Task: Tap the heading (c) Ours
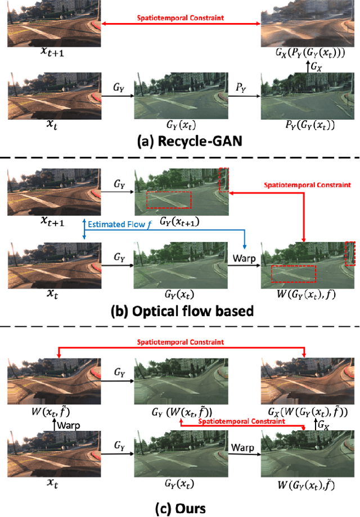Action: [x=179, y=508]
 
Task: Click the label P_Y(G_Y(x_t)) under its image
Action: [x=306, y=125]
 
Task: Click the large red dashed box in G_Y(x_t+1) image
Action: [x=168, y=200]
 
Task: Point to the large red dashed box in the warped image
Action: [x=293, y=274]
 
